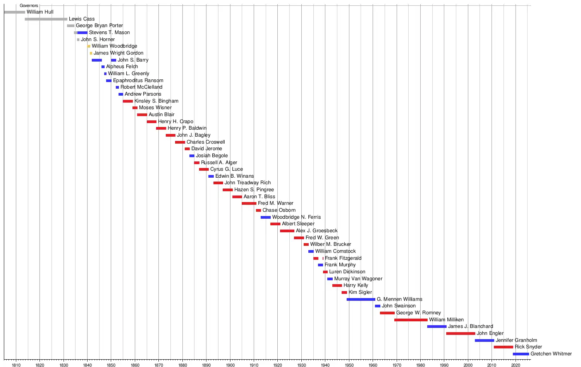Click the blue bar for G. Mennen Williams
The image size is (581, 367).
[x=361, y=299]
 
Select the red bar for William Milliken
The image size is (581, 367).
[x=411, y=320]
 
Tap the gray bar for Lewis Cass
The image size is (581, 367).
[x=46, y=19]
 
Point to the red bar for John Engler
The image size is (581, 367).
[x=461, y=333]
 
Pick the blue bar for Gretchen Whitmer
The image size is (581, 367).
[x=521, y=354]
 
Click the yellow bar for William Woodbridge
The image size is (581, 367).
[x=89, y=46]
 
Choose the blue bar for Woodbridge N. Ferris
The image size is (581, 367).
[x=266, y=217]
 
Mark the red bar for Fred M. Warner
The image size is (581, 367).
[x=249, y=203]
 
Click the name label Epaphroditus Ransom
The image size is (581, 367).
[x=138, y=81]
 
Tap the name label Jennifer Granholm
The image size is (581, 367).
[x=516, y=340]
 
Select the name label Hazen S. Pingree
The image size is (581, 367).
[x=254, y=190]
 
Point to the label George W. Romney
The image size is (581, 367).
[x=418, y=313]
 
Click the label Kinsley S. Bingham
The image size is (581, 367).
[x=156, y=101]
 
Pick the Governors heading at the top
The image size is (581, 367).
[x=29, y=6]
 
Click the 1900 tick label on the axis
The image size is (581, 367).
[x=230, y=365]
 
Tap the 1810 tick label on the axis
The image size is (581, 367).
[x=16, y=365]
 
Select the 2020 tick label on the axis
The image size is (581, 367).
[x=516, y=365]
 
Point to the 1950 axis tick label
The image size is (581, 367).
[x=349, y=365]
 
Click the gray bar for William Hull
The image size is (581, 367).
[x=14, y=12]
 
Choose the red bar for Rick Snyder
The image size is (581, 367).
[x=503, y=347]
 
